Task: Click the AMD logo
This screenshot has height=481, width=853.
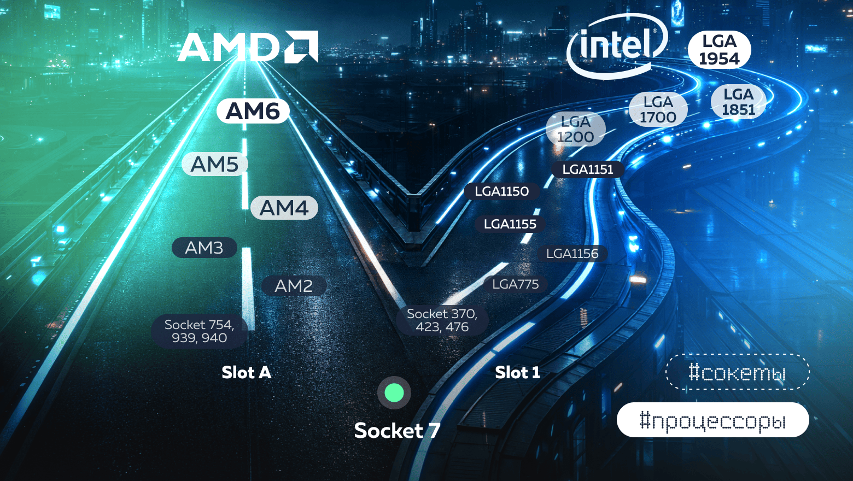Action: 248,47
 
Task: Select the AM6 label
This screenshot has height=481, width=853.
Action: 253,112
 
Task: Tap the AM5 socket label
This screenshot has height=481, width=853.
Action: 215,164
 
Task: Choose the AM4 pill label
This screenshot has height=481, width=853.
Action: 284,208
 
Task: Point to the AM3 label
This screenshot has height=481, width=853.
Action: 205,248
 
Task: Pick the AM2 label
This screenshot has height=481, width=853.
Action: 294,285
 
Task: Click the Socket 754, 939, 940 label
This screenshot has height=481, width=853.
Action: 199,331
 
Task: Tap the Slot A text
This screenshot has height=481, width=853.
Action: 246,372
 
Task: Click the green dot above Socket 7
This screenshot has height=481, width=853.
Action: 394,392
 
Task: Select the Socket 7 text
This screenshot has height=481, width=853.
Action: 397,431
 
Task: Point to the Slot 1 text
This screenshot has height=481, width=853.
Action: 517,372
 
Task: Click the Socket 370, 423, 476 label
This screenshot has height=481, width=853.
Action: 442,320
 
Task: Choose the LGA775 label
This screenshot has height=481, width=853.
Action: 516,284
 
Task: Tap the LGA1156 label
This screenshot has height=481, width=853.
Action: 572,254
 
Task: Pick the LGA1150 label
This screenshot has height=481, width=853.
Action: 502,191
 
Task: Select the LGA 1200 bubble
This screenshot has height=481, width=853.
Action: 575,130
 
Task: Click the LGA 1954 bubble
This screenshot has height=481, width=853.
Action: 719,50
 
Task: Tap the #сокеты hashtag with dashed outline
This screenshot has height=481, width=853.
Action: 737,372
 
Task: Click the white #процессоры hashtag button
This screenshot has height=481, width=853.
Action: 712,420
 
